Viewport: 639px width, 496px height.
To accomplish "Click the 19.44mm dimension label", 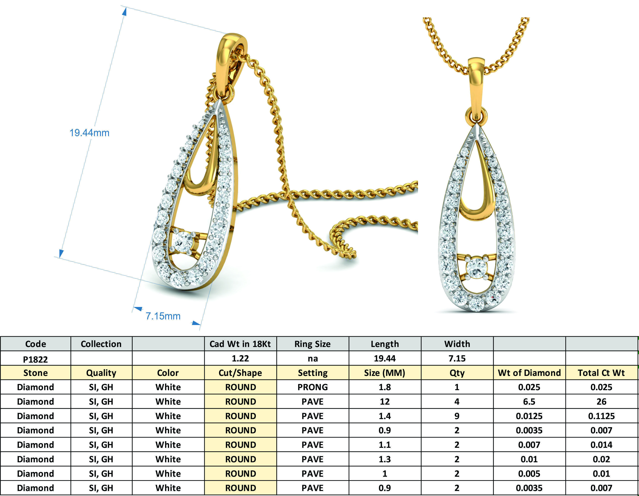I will (89, 133).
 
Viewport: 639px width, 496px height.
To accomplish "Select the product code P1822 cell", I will (35, 359).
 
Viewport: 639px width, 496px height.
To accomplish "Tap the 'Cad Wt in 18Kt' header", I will (240, 344).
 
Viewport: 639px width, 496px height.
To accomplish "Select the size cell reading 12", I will (384, 402).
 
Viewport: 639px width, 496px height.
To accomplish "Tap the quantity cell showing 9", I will (457, 416).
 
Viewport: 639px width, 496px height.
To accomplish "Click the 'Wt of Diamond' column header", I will (529, 373).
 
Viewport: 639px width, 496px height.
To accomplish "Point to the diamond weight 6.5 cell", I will (529, 402).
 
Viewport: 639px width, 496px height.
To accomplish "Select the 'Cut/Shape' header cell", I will (240, 373).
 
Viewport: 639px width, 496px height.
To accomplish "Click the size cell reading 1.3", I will (384, 459).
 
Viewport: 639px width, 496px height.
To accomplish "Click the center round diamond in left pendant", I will (183, 242).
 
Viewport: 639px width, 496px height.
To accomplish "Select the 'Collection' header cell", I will (101, 344).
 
